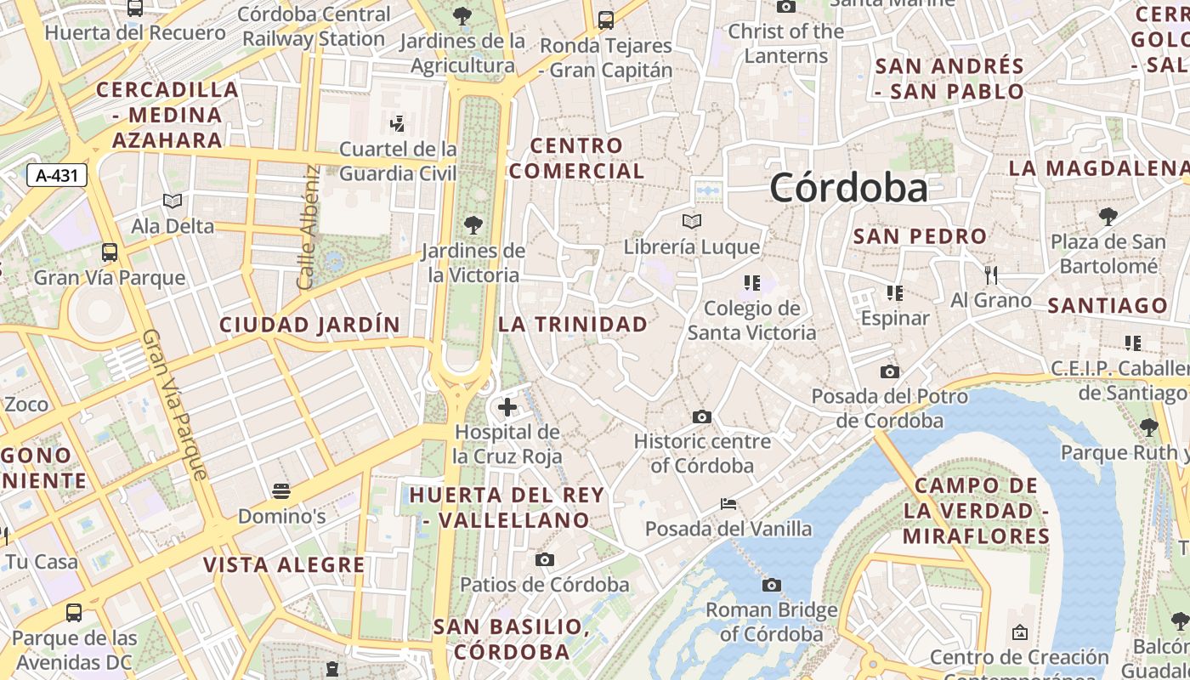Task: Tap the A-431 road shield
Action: (x=57, y=176)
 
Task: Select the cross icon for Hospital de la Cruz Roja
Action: (x=507, y=407)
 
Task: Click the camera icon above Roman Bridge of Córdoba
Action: (x=772, y=585)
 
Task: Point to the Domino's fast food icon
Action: (x=281, y=491)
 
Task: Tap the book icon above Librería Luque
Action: (x=692, y=222)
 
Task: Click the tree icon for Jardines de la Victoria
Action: (x=473, y=225)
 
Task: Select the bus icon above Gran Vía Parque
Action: (x=110, y=252)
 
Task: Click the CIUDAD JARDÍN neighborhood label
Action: (x=309, y=325)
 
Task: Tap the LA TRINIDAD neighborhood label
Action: (x=573, y=324)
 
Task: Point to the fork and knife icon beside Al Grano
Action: (x=990, y=275)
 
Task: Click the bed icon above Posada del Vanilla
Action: (x=728, y=503)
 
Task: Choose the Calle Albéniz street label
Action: (x=309, y=226)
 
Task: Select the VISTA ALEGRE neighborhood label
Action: (x=284, y=565)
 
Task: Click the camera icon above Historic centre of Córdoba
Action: (x=702, y=416)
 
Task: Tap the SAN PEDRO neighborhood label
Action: (x=920, y=236)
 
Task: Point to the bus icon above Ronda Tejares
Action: (x=606, y=20)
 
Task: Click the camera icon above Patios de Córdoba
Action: (x=545, y=559)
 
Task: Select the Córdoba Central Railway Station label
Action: (x=314, y=26)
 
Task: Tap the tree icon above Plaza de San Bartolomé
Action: (x=1108, y=217)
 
